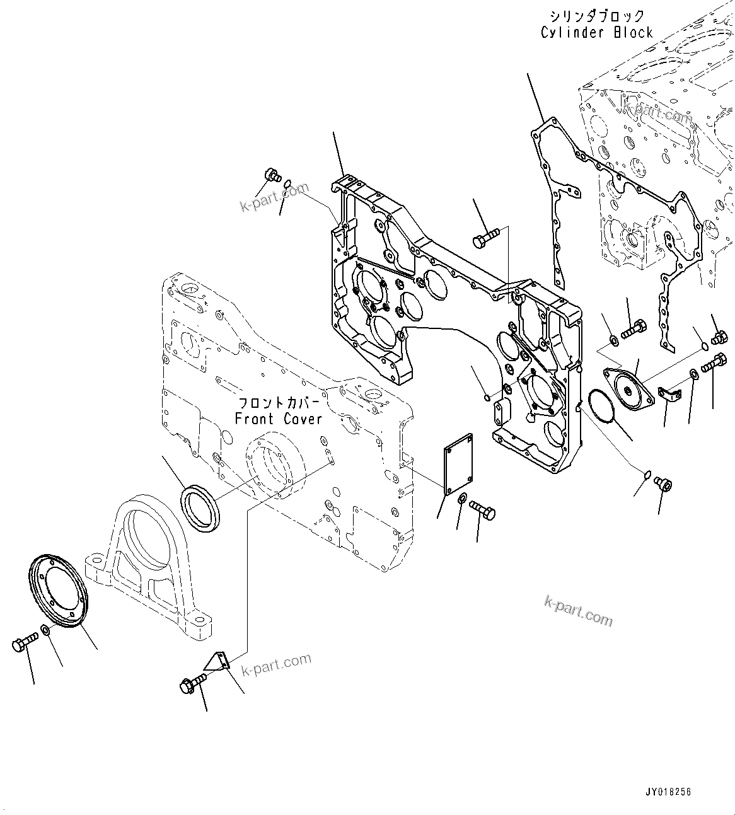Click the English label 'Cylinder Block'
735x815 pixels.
tap(596, 32)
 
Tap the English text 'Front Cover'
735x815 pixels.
tap(278, 419)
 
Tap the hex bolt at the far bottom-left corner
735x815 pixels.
tap(24, 644)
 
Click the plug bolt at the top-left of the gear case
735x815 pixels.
tap(272, 174)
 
